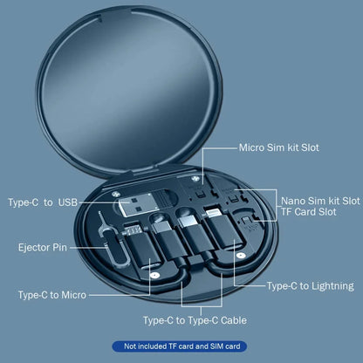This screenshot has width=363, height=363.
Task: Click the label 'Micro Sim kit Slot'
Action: (278, 147)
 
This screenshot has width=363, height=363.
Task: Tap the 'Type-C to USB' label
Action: (43, 203)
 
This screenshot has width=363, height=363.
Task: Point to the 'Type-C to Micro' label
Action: (52, 295)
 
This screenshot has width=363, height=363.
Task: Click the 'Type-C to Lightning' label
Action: (310, 285)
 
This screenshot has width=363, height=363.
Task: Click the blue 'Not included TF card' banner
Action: (181, 347)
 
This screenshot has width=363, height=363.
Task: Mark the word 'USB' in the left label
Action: (67, 203)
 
